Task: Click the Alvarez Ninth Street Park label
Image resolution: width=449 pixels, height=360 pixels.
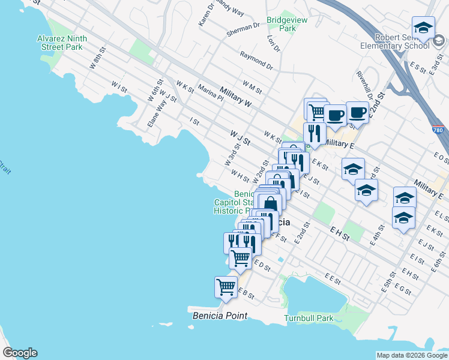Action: tap(62, 42)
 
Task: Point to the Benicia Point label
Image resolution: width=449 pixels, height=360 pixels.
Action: tap(220, 316)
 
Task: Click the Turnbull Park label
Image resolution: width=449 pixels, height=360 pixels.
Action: tap(309, 318)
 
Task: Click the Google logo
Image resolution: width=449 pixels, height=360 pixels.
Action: tap(20, 353)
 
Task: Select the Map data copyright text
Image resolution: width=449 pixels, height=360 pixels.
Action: tap(411, 355)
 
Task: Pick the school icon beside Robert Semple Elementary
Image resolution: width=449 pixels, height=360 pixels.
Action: tap(423, 28)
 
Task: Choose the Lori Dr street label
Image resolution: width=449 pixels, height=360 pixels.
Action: tap(271, 43)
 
